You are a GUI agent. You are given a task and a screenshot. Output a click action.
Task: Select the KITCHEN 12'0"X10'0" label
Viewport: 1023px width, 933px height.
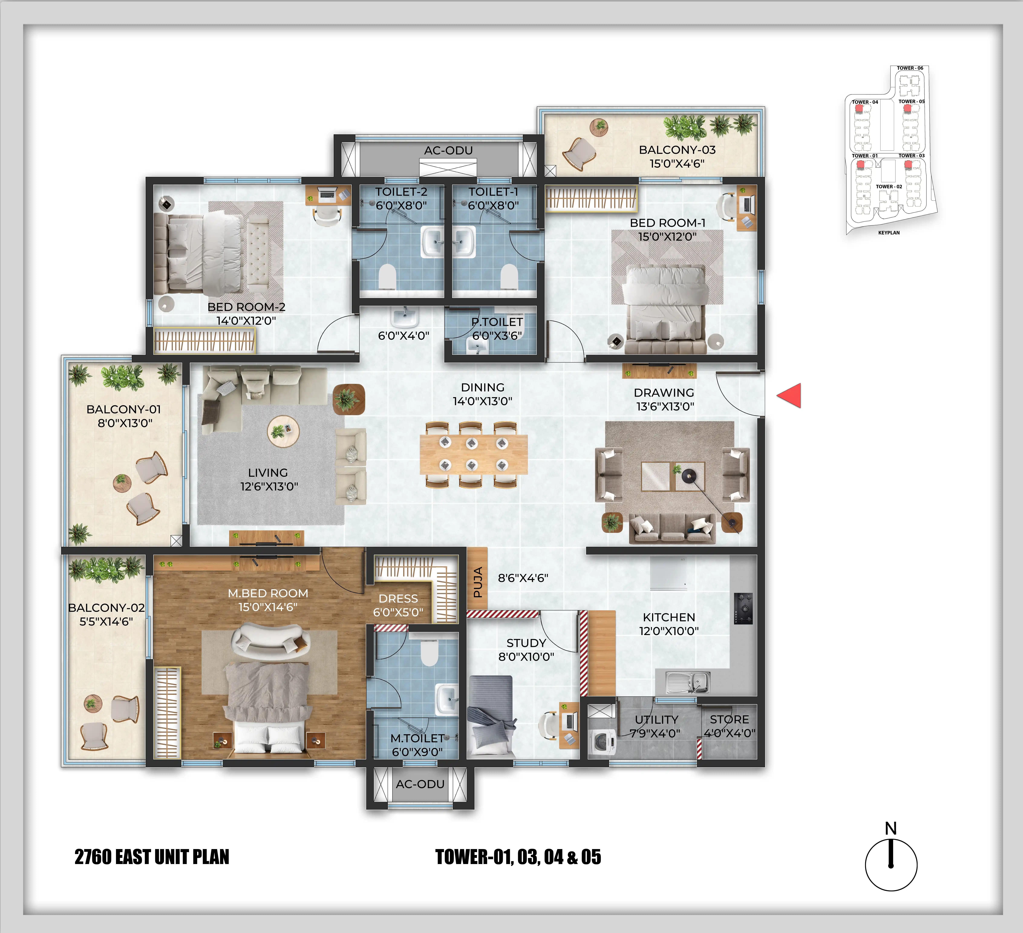[669, 624]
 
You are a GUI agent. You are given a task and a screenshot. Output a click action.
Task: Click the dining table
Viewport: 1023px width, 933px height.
[473, 454]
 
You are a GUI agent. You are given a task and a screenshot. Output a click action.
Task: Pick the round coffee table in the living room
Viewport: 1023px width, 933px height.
[283, 431]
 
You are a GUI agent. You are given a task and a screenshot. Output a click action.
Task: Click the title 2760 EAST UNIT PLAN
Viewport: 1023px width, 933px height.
[152, 857]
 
